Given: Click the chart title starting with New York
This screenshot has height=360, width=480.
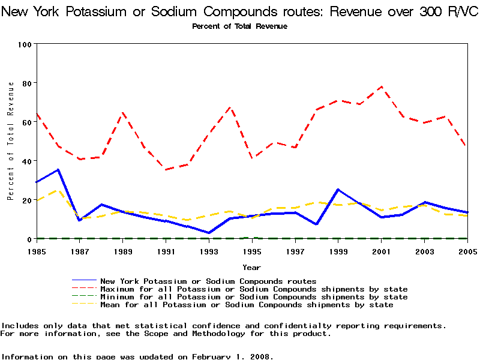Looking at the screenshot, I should click(x=240, y=13).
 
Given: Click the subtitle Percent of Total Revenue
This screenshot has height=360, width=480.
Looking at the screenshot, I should click(x=239, y=26).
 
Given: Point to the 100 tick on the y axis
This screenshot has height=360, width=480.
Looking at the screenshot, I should click(x=25, y=44).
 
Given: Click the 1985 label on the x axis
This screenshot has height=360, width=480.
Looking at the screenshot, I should click(x=37, y=251).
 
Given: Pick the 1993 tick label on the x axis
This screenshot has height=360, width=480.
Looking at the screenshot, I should click(x=209, y=251).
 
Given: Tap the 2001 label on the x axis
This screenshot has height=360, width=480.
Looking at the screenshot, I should click(x=381, y=251).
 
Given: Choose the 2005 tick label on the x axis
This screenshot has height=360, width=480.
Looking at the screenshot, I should click(x=467, y=251).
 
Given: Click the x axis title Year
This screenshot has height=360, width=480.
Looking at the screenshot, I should click(x=251, y=267).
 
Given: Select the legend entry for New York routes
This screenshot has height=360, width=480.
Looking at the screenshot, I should click(x=208, y=281).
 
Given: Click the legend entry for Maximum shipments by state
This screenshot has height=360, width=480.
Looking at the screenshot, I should click(x=254, y=289).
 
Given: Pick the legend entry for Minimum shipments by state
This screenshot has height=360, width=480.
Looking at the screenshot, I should click(x=254, y=297).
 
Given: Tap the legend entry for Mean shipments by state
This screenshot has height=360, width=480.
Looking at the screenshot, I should click(x=247, y=305).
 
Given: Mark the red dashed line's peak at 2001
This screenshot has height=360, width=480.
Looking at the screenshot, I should click(x=381, y=86).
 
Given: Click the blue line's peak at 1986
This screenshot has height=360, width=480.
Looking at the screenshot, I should click(x=58, y=170).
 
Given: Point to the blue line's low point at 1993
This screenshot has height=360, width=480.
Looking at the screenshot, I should click(x=209, y=233).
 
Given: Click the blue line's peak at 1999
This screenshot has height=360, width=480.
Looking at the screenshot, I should click(x=338, y=190).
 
